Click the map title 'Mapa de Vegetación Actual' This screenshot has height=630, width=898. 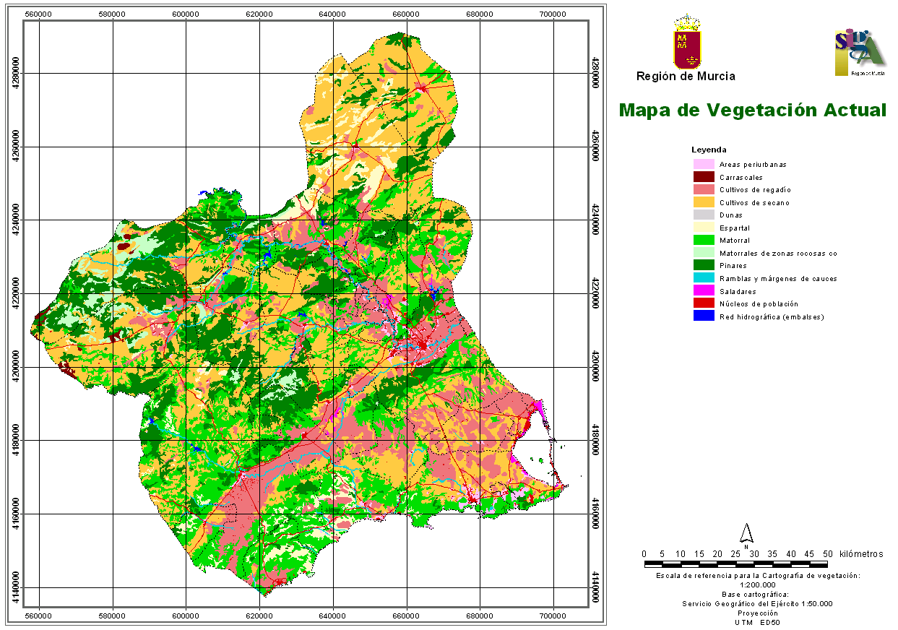pos(752,110)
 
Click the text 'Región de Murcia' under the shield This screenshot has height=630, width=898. pos(686,76)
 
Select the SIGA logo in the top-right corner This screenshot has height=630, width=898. pos(859,53)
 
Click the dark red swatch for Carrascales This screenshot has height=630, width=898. pos(703,177)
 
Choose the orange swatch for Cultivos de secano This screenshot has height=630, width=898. pos(703,202)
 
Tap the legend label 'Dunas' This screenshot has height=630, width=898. pos(730,215)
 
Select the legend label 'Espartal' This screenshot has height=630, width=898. pos(734,228)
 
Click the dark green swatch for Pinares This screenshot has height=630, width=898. pos(703,266)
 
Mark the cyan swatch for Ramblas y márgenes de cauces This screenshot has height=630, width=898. pos(703,278)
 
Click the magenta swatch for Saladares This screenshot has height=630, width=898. pos(703,291)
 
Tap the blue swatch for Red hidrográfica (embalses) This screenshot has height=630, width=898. pos(703,316)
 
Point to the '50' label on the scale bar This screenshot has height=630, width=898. pos(828,554)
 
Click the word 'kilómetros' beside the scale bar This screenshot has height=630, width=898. pos(861,554)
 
